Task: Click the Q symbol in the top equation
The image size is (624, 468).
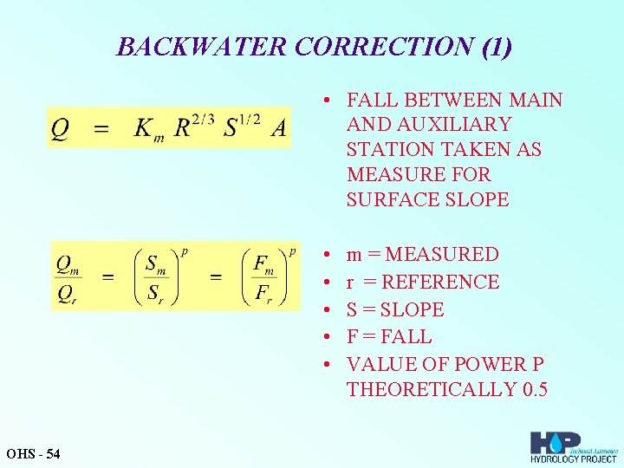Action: [60, 127]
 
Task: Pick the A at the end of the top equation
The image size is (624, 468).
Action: [278, 127]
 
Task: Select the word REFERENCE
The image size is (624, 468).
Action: [440, 282]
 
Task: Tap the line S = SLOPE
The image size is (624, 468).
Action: [395, 309]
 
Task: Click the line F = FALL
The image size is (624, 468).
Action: [389, 336]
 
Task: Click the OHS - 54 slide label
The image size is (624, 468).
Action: [33, 453]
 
